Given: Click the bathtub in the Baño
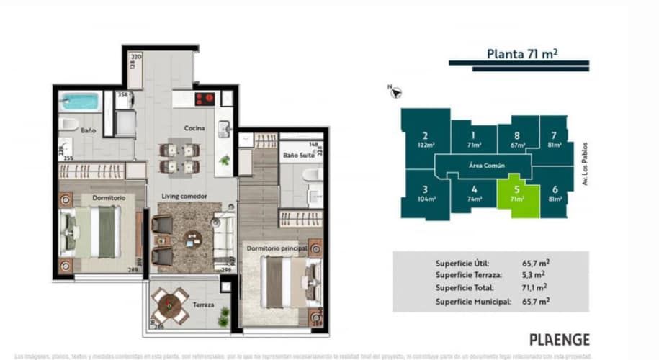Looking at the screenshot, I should (79, 102).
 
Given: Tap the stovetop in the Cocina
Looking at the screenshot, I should (205, 99).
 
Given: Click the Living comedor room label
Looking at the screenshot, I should (184, 196).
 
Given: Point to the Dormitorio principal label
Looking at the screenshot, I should (277, 248).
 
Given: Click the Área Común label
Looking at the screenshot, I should (486, 166).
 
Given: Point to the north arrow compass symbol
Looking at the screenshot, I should (395, 91).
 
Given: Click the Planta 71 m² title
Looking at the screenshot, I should (524, 53).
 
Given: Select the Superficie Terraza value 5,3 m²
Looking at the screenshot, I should (533, 274).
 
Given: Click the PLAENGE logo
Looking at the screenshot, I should (560, 339).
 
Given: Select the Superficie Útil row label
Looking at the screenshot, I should (466, 263).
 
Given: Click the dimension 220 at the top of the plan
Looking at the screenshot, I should (136, 55).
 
